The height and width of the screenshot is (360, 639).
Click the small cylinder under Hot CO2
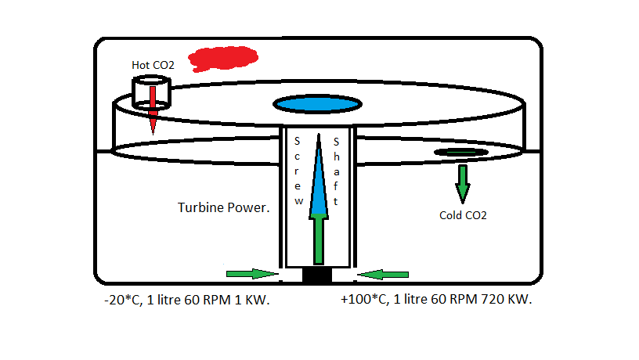(x=151, y=92)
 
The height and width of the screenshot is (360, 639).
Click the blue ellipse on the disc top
(x=316, y=103)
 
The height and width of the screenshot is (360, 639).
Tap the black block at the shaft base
(x=318, y=275)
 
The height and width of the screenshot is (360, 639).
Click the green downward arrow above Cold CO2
(x=463, y=182)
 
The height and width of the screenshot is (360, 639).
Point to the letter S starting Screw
(x=298, y=142)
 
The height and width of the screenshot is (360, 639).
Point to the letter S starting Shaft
(x=336, y=142)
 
